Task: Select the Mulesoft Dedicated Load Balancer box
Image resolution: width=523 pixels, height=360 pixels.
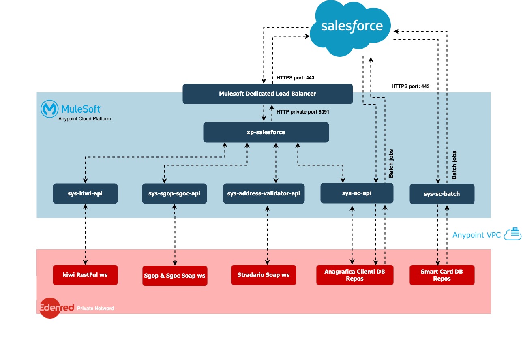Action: click(x=268, y=94)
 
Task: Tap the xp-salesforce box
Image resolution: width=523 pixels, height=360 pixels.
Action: click(x=266, y=133)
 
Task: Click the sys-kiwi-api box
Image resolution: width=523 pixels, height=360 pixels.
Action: click(x=85, y=193)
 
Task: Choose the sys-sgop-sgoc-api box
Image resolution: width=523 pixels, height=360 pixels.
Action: click(x=174, y=193)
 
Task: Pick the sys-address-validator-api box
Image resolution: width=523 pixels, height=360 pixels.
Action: click(x=264, y=193)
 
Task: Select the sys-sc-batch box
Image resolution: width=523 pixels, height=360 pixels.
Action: click(x=442, y=194)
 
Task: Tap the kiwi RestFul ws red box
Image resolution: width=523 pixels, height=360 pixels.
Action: click(x=85, y=275)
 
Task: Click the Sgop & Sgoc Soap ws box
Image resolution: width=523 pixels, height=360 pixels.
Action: click(x=174, y=276)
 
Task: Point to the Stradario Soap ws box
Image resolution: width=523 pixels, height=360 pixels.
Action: click(x=264, y=275)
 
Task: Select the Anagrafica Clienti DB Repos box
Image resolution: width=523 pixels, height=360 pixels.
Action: click(x=355, y=275)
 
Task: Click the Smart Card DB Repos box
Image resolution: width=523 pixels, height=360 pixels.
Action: click(x=442, y=275)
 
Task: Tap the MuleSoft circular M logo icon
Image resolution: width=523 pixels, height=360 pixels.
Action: click(x=49, y=109)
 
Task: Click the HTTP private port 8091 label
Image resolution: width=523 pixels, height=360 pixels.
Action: click(x=302, y=111)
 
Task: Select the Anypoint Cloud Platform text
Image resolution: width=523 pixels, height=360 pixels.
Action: click(x=84, y=119)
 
